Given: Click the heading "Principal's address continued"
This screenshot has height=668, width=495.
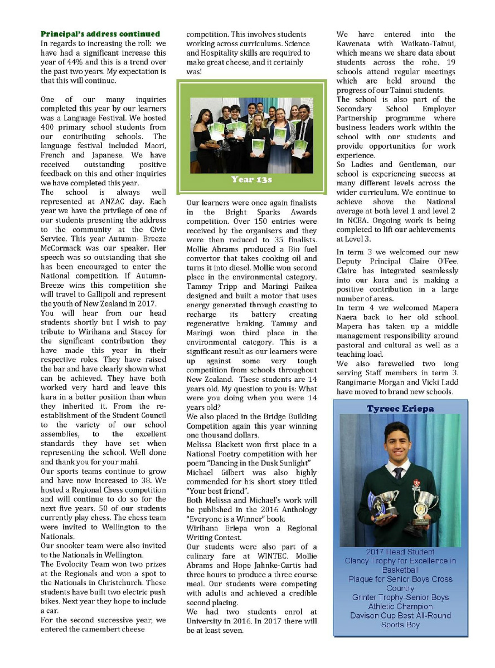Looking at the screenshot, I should click(100, 34).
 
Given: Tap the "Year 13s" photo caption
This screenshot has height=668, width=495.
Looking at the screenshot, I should click(251, 180).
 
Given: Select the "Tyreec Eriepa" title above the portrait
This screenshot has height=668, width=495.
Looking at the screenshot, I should click(400, 409).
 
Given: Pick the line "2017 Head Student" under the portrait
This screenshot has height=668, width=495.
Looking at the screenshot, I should click(400, 552).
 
